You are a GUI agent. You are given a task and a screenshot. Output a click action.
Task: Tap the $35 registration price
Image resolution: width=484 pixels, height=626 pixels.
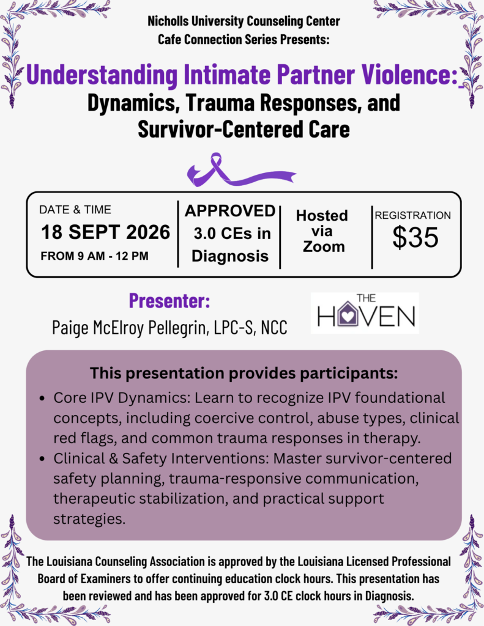(x=415, y=238)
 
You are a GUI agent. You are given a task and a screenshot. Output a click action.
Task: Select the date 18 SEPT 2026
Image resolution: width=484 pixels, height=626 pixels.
(x=105, y=232)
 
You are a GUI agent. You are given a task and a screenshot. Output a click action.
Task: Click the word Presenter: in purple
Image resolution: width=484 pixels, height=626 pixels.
(x=169, y=301)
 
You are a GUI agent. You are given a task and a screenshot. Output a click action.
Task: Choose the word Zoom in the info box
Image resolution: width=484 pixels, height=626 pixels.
(x=324, y=247)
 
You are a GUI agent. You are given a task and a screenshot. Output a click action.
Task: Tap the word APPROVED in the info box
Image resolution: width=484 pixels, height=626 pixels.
(x=230, y=211)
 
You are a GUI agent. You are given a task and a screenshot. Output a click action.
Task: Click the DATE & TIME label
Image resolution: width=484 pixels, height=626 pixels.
(x=75, y=210)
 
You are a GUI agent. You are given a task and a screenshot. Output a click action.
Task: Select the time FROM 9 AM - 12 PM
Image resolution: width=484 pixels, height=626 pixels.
(x=94, y=256)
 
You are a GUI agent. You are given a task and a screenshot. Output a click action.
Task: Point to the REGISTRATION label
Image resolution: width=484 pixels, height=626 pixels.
(x=412, y=215)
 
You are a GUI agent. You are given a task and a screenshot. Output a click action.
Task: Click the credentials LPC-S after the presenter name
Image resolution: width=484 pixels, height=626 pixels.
(x=234, y=328)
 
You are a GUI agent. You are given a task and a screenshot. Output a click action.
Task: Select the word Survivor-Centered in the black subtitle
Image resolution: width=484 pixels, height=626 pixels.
(x=218, y=130)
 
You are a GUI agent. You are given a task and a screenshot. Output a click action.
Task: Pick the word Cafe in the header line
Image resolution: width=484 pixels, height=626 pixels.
(x=167, y=40)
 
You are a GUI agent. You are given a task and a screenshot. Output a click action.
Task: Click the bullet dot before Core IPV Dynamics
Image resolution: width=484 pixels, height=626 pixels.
(x=42, y=399)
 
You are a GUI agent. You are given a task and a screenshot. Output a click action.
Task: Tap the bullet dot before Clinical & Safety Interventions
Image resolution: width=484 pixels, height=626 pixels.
(x=42, y=459)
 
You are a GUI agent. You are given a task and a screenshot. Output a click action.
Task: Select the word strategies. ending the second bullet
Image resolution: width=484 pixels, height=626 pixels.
(x=89, y=519)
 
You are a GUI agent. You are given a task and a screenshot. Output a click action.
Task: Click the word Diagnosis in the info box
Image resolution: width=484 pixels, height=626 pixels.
(x=230, y=256)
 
